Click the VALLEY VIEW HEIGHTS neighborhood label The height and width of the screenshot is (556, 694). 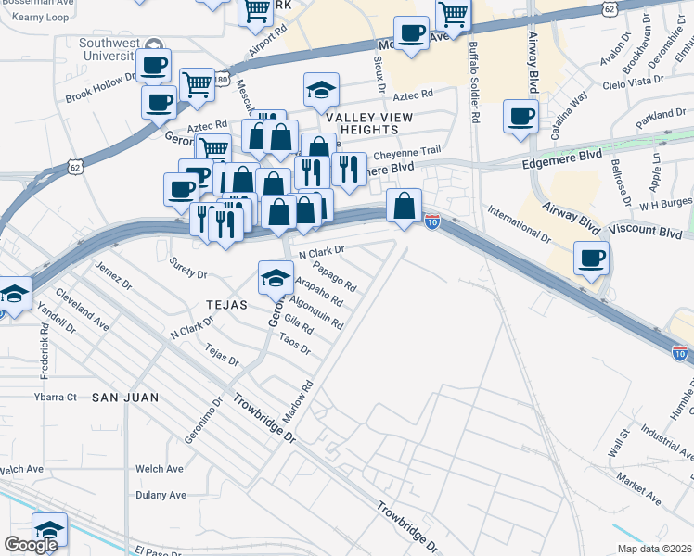coord(369,124)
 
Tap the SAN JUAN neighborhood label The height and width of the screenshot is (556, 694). coord(125,397)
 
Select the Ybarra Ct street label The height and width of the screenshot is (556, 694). coord(55,397)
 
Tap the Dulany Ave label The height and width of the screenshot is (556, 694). coord(161,495)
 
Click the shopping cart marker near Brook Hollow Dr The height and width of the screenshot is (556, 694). coord(197,83)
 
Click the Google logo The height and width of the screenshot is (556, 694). coord(31,545)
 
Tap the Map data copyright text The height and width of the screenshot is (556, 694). coord(653,549)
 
